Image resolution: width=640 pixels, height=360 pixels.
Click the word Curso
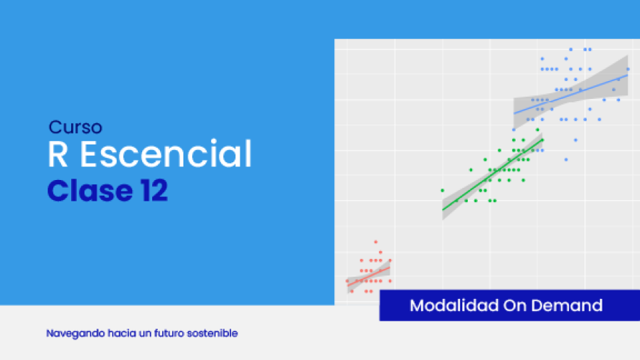pyautogui.click(x=75, y=127)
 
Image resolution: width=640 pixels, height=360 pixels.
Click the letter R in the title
pyautogui.click(x=58, y=154)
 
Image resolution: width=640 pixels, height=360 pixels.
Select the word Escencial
pyautogui.click(x=166, y=154)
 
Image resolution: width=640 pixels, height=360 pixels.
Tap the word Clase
pyautogui.click(x=90, y=191)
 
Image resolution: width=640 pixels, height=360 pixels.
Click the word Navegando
pyautogui.click(x=75, y=334)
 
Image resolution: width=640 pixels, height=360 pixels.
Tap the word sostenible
pyautogui.click(x=212, y=333)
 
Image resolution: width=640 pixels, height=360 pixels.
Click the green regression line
pyautogui.click(x=493, y=175)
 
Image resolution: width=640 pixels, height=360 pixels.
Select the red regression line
pyautogui.click(x=368, y=276)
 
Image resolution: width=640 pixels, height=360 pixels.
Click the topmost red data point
pyautogui.click(x=376, y=242)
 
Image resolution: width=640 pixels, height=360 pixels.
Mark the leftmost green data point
pyautogui.click(x=442, y=191)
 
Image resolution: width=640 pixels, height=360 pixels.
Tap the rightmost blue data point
pyautogui.click(x=628, y=70)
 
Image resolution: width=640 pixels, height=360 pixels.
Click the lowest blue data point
pyautogui.click(x=566, y=159)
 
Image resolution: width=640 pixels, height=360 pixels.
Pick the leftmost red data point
pyautogui.click(x=347, y=281)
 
